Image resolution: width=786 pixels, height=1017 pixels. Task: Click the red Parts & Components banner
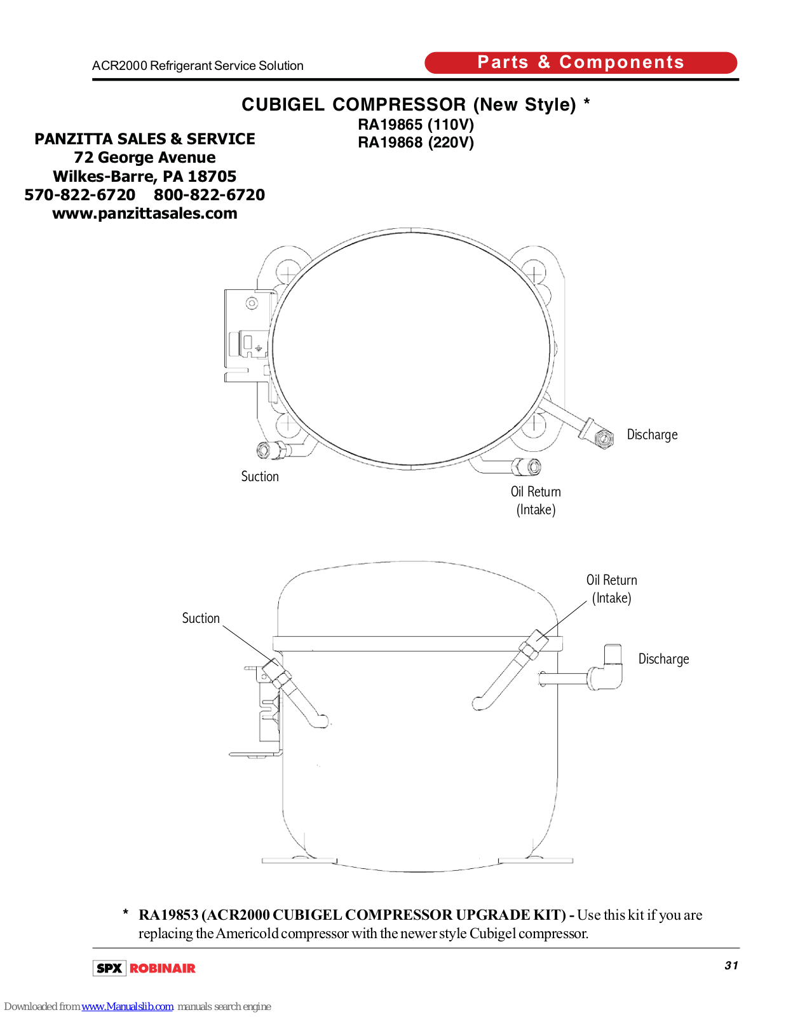pyautogui.click(x=581, y=63)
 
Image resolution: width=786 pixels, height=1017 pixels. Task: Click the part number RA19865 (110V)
pyautogui.click(x=416, y=125)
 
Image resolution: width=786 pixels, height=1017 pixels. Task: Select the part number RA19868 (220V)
pyautogui.click(x=416, y=142)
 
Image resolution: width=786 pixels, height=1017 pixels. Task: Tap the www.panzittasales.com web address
pyautogui.click(x=145, y=214)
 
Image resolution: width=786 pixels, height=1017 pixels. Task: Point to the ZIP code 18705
pyautogui.click(x=212, y=177)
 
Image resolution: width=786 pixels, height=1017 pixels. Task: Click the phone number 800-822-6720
pyautogui.click(x=209, y=195)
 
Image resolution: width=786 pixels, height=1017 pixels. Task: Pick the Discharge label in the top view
pyautogui.click(x=652, y=434)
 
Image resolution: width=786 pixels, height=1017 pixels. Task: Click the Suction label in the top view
pyautogui.click(x=260, y=477)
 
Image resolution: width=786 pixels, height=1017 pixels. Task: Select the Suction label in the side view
pyautogui.click(x=201, y=618)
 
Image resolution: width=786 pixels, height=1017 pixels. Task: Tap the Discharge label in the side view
pyautogui.click(x=663, y=659)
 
